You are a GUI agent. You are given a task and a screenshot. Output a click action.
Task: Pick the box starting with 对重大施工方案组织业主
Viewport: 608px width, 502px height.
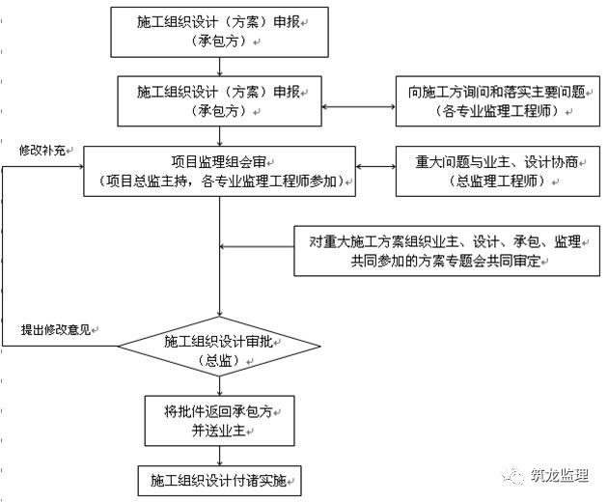tap(446, 251)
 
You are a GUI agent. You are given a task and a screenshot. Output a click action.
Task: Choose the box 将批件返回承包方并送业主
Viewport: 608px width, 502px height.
tap(219, 419)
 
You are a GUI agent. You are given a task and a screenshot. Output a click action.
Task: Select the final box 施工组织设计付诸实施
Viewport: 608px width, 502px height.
tap(219, 478)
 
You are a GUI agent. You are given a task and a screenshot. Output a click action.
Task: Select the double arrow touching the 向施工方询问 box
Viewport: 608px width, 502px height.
tap(358, 107)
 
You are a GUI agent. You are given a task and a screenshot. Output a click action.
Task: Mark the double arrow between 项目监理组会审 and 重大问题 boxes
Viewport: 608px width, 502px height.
tap(377, 170)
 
